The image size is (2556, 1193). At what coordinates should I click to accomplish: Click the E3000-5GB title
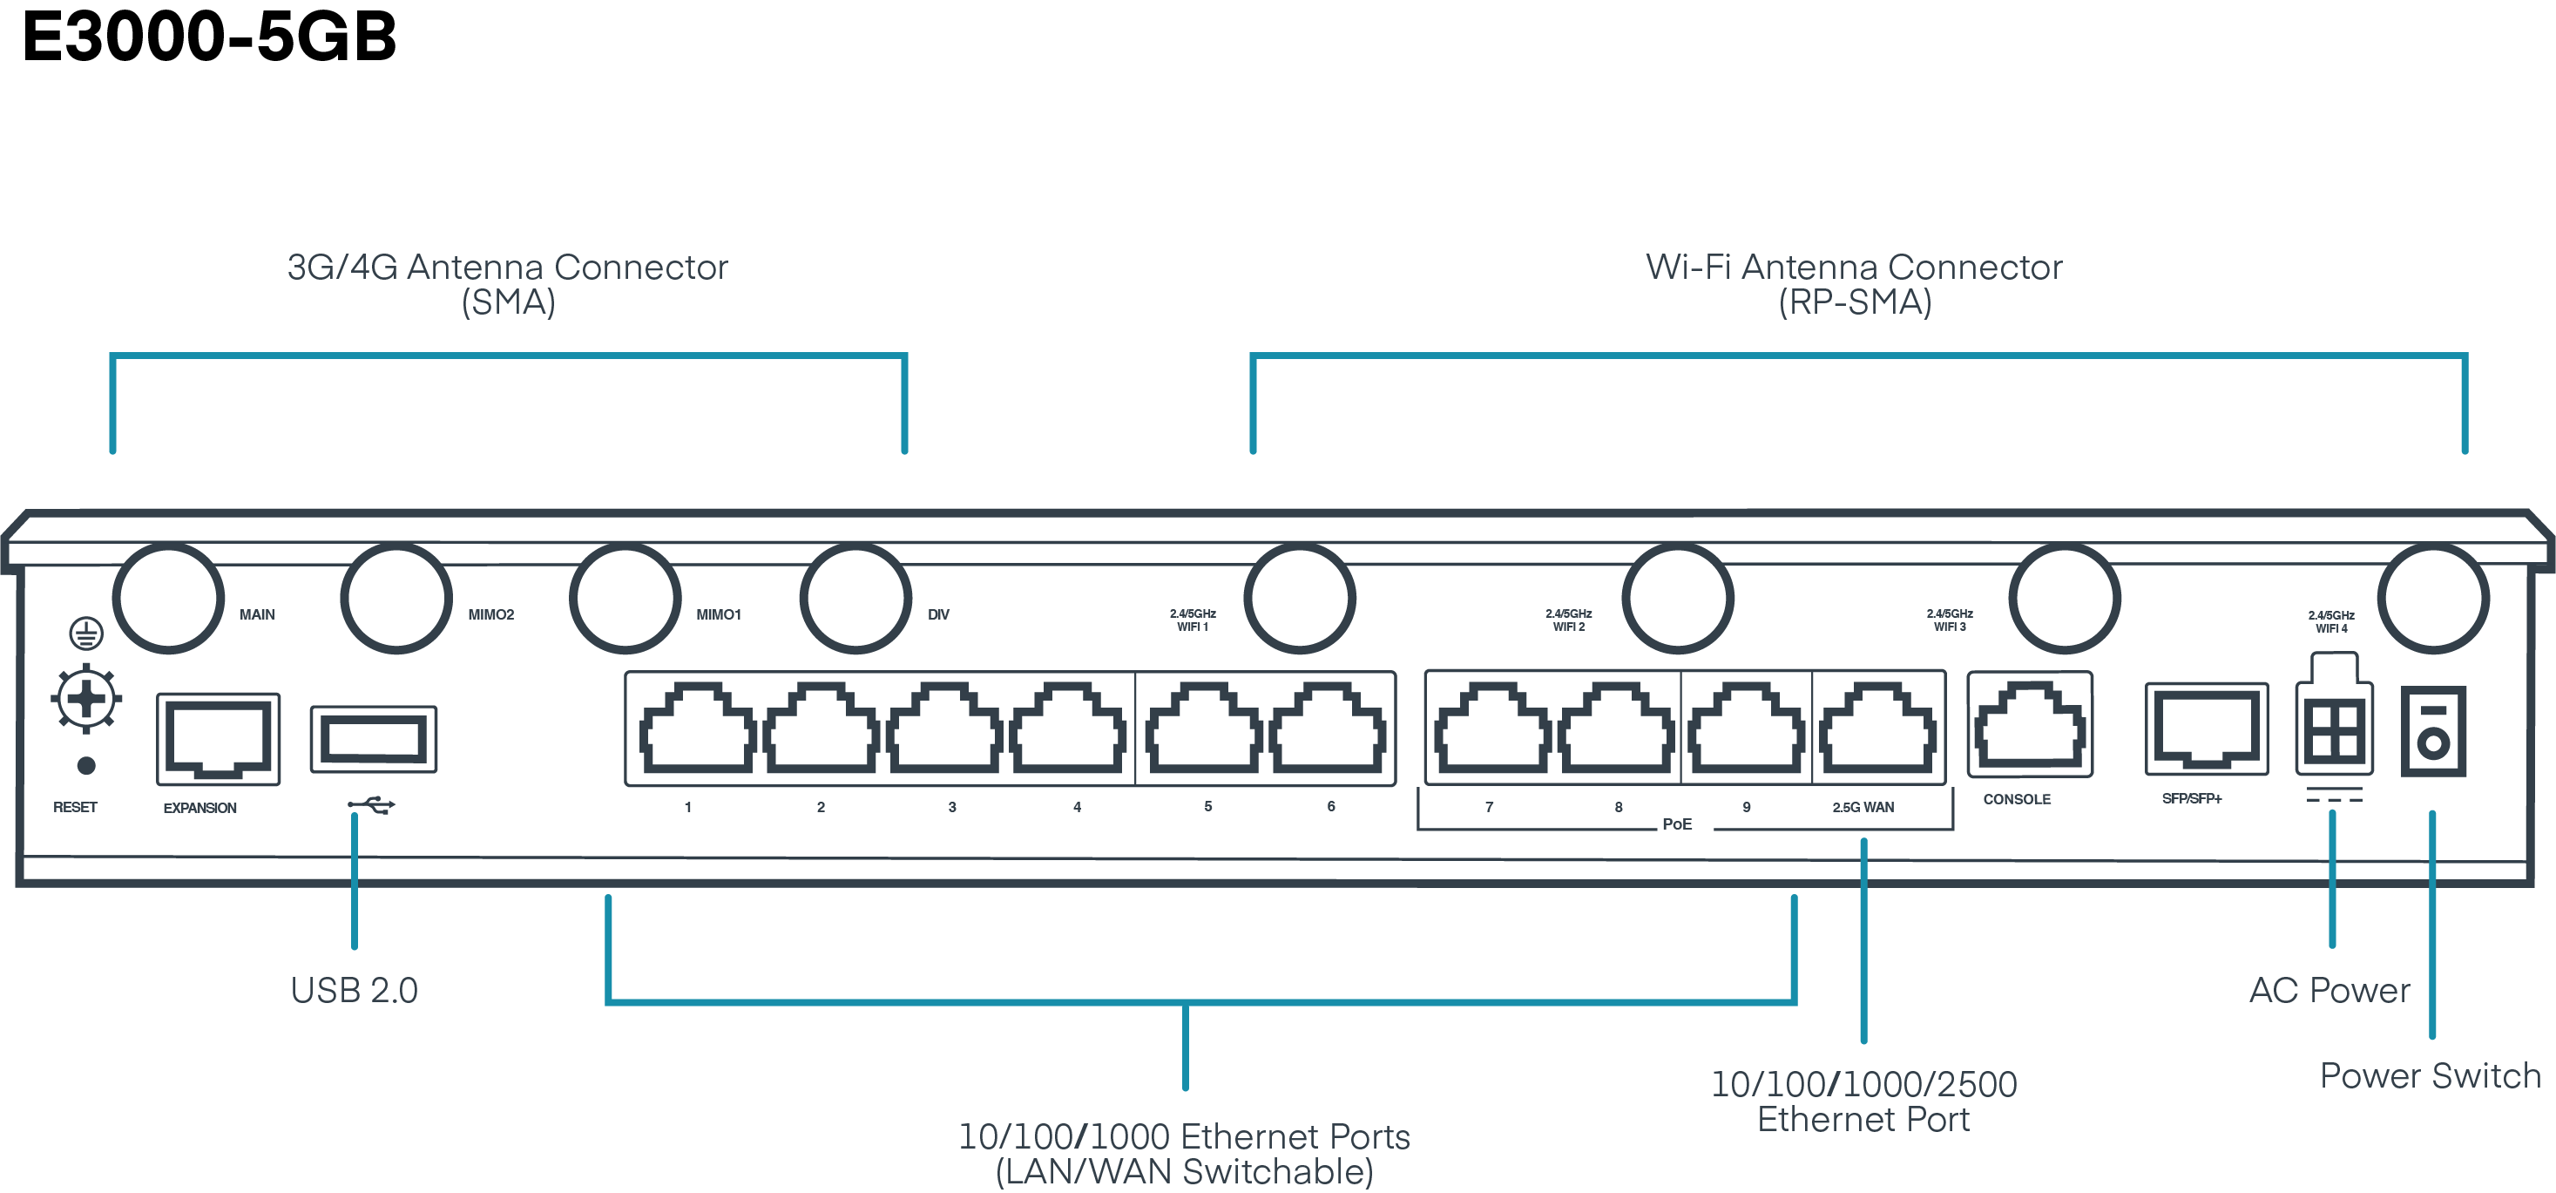tap(208, 37)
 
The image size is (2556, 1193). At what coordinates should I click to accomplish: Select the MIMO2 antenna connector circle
tap(396, 599)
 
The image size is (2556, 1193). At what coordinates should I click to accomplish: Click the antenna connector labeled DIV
tap(855, 599)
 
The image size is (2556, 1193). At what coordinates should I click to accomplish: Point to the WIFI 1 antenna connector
tap(1299, 599)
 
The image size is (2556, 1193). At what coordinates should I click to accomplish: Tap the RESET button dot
tap(86, 765)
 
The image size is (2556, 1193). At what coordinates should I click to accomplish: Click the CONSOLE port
tap(2029, 728)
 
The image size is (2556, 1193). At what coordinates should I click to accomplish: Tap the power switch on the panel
tap(2433, 731)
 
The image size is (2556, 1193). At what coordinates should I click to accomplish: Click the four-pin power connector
tap(2334, 729)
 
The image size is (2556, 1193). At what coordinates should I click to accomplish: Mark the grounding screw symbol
tap(86, 699)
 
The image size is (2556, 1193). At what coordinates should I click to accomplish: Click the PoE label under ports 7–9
tap(1677, 824)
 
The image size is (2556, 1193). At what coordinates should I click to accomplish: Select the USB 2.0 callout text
tap(355, 991)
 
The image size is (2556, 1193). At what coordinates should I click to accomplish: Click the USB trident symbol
tap(372, 805)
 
